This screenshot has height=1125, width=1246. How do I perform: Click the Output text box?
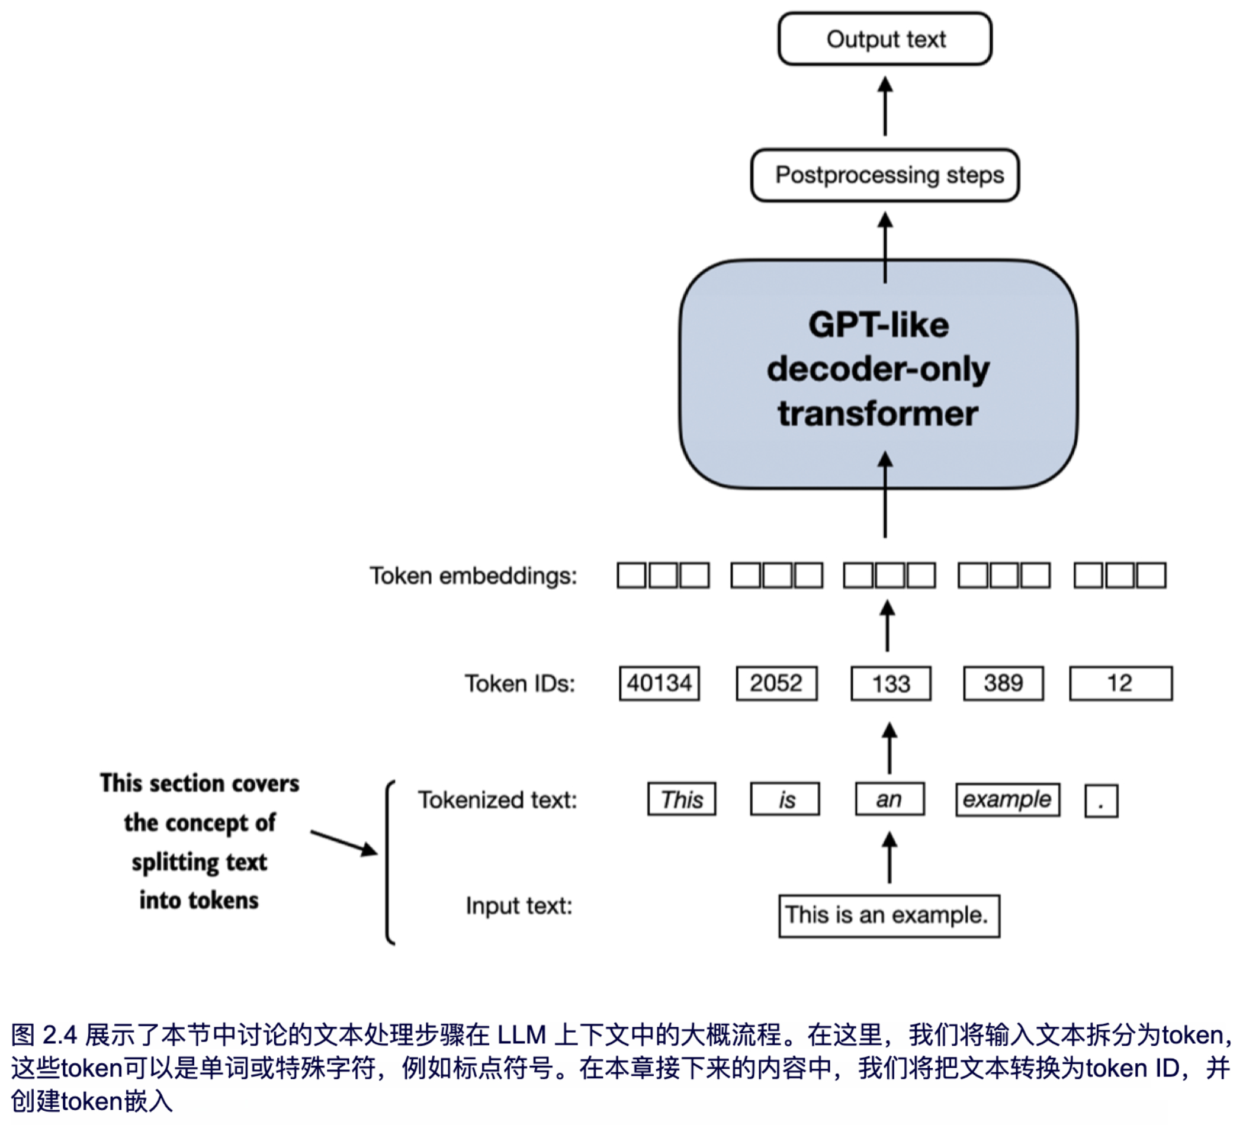click(x=885, y=39)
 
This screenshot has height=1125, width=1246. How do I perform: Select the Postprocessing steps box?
click(x=885, y=175)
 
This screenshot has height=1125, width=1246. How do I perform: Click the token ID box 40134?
click(x=660, y=683)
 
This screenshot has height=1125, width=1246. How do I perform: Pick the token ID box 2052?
click(x=776, y=683)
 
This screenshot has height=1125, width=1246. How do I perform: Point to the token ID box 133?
click(x=891, y=683)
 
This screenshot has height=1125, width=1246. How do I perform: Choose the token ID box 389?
click(x=1003, y=683)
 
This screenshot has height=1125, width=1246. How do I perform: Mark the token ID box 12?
click(x=1120, y=683)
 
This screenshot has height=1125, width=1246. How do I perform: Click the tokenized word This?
click(x=682, y=799)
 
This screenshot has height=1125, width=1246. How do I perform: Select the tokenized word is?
click(x=785, y=799)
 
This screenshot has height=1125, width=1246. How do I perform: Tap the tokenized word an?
click(x=889, y=799)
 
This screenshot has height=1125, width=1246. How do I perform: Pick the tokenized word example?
click(x=1007, y=799)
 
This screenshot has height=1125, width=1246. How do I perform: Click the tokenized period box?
click(x=1102, y=801)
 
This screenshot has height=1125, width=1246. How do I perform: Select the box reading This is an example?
click(x=889, y=915)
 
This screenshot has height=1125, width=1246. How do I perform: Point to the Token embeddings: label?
click(x=473, y=576)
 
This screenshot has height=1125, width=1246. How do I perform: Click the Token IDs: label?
click(x=520, y=684)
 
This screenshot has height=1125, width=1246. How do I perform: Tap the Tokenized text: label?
click(x=497, y=800)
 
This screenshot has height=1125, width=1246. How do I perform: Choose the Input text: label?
click(x=519, y=907)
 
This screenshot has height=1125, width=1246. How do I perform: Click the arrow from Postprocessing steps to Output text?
click(x=885, y=106)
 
